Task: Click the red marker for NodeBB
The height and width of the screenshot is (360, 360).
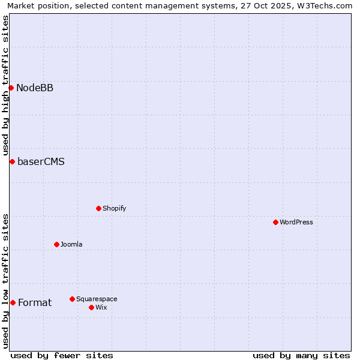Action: (11, 88)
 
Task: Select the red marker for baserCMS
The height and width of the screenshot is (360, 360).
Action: (12, 161)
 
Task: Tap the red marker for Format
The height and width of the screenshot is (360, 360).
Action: (13, 302)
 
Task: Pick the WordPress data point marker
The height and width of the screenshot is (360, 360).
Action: (275, 222)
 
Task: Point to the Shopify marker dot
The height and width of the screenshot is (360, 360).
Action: (98, 208)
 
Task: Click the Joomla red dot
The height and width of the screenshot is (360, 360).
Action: (56, 244)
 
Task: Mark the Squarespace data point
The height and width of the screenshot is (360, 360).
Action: (72, 299)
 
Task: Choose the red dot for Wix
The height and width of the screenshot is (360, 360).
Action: (91, 307)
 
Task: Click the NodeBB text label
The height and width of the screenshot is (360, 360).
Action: (35, 88)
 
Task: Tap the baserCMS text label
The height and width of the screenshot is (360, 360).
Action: (41, 161)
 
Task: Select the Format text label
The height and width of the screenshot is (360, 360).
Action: (35, 302)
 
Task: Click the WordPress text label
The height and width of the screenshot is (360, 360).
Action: (296, 222)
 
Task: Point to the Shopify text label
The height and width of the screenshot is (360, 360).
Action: (115, 208)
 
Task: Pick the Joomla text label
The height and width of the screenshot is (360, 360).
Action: (71, 244)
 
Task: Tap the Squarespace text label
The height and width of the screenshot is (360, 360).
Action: (97, 299)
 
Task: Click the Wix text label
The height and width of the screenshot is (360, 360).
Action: (101, 307)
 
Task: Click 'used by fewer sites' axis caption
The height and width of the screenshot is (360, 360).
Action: (62, 355)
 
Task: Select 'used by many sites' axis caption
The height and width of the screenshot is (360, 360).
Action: (301, 355)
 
